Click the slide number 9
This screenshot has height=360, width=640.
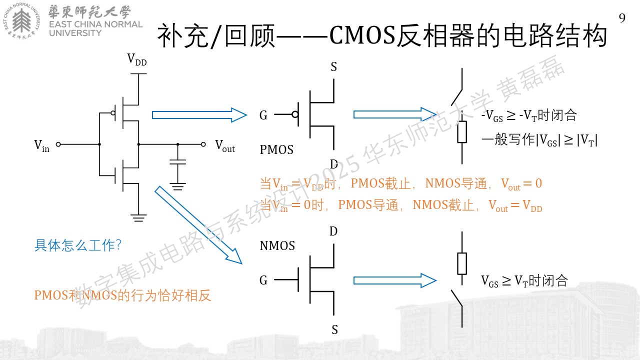click(622, 18)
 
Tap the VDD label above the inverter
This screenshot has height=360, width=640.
click(137, 59)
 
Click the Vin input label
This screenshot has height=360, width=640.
click(41, 145)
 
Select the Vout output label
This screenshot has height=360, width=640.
click(225, 145)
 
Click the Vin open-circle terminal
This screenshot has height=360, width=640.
click(58, 144)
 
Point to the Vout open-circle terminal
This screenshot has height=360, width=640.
click(203, 144)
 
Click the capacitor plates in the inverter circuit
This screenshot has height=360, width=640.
click(177, 162)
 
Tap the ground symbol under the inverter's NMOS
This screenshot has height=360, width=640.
click(138, 217)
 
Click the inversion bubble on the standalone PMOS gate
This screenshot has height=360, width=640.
click(295, 114)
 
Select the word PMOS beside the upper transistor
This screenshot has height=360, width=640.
click(276, 149)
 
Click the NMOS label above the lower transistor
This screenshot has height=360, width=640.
click(277, 245)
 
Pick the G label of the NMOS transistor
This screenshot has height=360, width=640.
click(263, 280)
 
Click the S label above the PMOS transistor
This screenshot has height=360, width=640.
click(333, 67)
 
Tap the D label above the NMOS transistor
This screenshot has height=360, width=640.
click(333, 231)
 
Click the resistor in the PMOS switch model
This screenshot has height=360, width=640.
click(462, 132)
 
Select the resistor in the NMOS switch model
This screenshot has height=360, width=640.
click(462, 263)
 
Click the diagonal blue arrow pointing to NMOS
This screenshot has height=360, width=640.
click(198, 225)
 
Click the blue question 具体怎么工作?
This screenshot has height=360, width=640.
click(77, 245)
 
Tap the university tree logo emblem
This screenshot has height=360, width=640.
click(21, 21)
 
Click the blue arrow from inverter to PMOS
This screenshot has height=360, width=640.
click(199, 115)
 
